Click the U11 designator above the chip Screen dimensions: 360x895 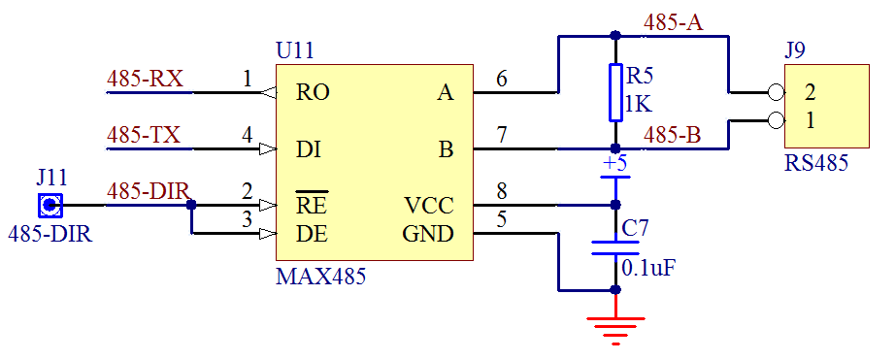[x=295, y=51]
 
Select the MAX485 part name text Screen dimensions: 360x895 [x=320, y=277]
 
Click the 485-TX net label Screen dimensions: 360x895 [x=144, y=135]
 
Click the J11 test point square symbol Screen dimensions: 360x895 [x=50, y=206]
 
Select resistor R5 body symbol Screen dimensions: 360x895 [x=614, y=93]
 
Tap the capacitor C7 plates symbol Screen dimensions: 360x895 [x=614, y=246]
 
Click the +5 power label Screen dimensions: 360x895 [x=614, y=163]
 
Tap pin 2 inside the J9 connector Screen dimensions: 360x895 [x=809, y=93]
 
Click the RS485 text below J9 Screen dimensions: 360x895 [x=815, y=163]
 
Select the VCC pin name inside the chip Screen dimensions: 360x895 [x=428, y=206]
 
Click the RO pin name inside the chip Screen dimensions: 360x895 [x=313, y=93]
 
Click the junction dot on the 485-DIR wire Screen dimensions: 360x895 [x=191, y=206]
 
